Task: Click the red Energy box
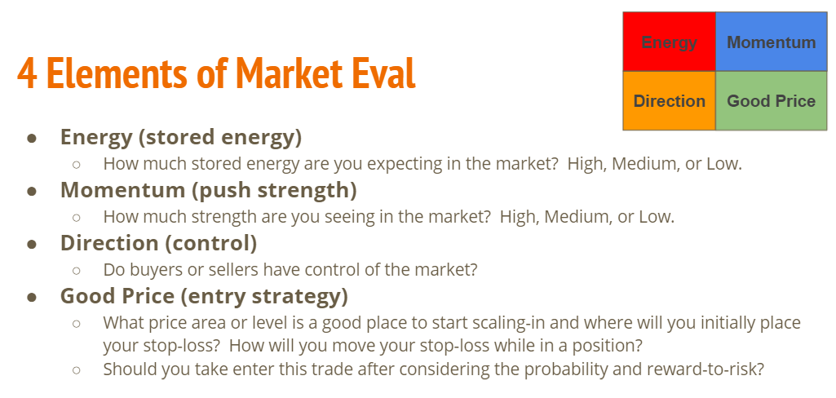point(669,42)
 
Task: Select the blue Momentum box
point(771,42)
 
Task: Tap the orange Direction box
point(669,100)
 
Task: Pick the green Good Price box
point(771,100)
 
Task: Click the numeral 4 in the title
point(28,73)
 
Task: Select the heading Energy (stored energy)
point(181,137)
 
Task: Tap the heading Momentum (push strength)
point(209,190)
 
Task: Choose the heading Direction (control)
point(158,243)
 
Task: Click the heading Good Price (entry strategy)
point(204,296)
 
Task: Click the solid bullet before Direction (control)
point(32,244)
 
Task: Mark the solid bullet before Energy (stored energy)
point(32,138)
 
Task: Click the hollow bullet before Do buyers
point(76,271)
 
